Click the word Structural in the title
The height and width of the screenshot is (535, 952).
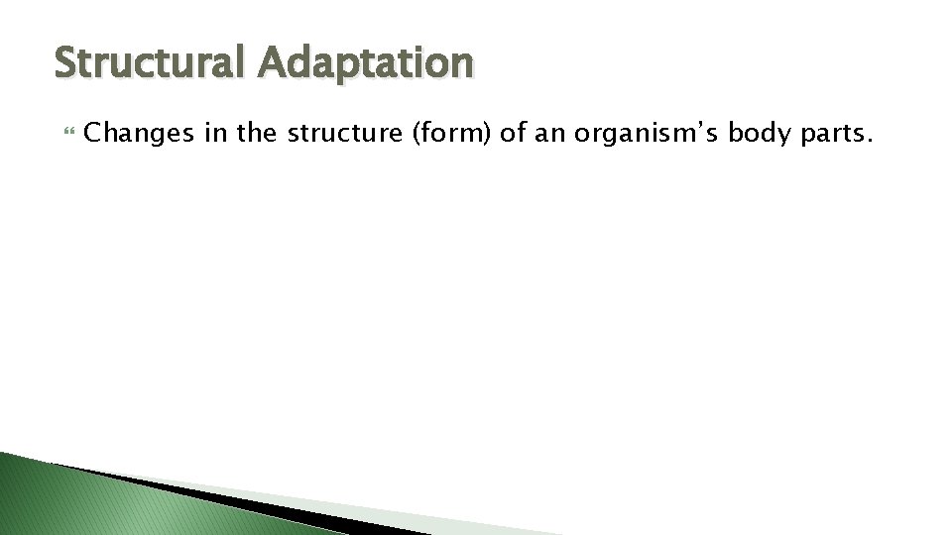(149, 62)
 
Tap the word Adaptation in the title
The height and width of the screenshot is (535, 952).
(364, 62)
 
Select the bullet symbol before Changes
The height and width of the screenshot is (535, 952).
(67, 135)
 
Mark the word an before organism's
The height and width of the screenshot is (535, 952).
(551, 135)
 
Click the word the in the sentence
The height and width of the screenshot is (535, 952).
(257, 135)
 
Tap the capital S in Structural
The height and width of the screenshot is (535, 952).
(66, 62)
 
